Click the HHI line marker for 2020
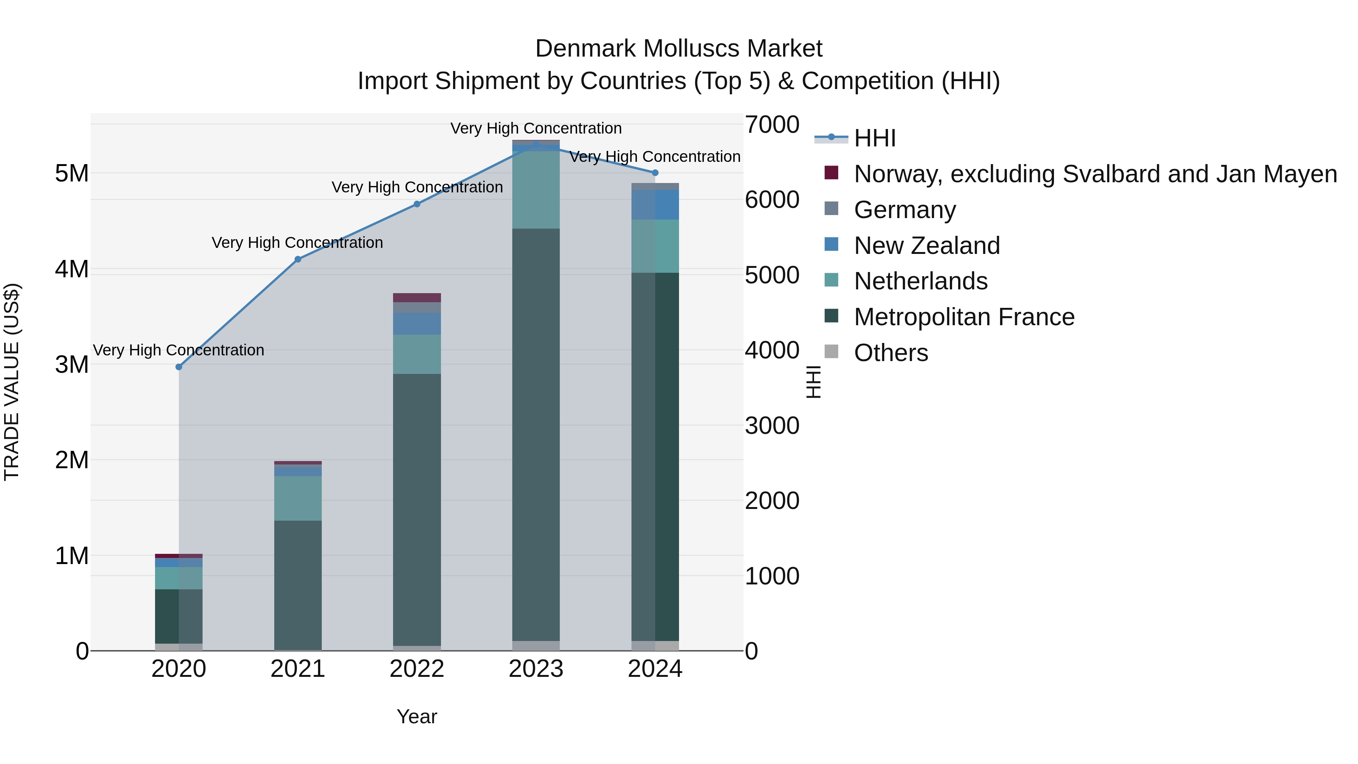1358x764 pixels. pyautogui.click(x=179, y=367)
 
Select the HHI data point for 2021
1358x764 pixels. pyautogui.click(x=298, y=260)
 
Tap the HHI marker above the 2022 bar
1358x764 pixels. pyautogui.click(x=417, y=204)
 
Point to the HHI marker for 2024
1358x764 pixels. pyautogui.click(x=655, y=173)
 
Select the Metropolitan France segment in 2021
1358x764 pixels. pyautogui.click(x=298, y=585)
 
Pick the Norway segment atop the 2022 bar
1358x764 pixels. pyautogui.click(x=417, y=297)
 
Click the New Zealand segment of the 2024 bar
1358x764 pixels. pyautogui.click(x=655, y=204)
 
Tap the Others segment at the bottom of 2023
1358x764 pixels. pyautogui.click(x=536, y=646)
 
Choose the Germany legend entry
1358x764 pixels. pyautogui.click(x=905, y=210)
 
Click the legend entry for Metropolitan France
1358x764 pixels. pyautogui.click(x=964, y=317)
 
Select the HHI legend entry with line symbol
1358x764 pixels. pyautogui.click(x=875, y=138)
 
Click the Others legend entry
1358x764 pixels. pyautogui.click(x=891, y=353)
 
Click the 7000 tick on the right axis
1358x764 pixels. pyautogui.click(x=772, y=125)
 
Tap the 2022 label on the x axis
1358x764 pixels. pyautogui.click(x=417, y=669)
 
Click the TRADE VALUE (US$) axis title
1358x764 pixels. pyautogui.click(x=12, y=382)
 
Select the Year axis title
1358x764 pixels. pyautogui.click(x=417, y=716)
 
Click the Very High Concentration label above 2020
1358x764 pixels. pyautogui.click(x=179, y=350)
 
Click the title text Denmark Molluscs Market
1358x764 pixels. pyautogui.click(x=679, y=49)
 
